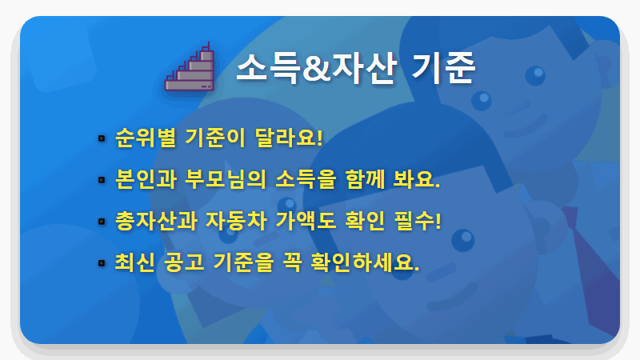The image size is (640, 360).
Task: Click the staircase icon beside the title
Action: pos(191,67)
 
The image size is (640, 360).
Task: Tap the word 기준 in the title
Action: pos(444,70)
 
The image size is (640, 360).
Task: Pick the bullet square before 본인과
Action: pos(101,179)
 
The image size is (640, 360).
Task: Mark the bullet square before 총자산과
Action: pos(101,221)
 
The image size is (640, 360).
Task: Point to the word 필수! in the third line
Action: pos(418,220)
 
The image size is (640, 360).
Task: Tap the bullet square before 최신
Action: pos(101,262)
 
